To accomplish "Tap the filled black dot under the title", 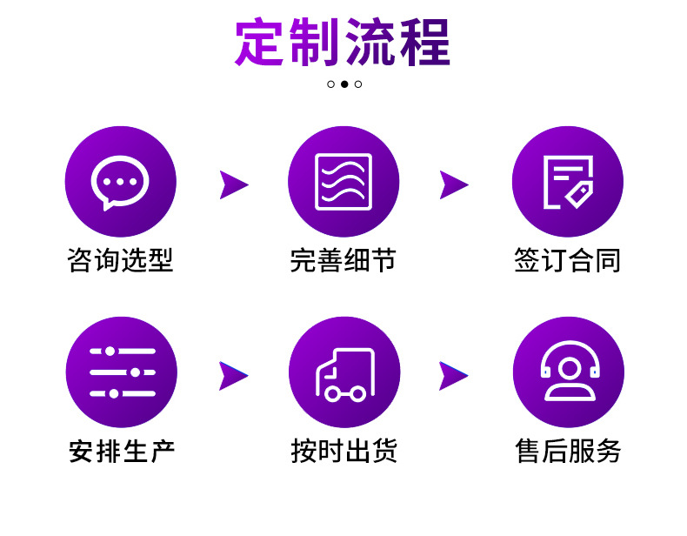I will click(x=344, y=84).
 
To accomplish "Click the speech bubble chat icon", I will click(x=120, y=182).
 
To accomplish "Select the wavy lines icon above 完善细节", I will click(x=343, y=182).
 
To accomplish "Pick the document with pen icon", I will click(x=567, y=182).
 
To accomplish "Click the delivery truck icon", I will click(x=343, y=372).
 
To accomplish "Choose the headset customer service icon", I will click(x=568, y=372).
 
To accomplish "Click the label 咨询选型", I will click(x=120, y=260).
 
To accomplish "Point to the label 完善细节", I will click(x=343, y=260).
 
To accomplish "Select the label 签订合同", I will click(x=567, y=260).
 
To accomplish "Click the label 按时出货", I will click(x=343, y=452).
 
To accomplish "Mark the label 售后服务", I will click(x=568, y=452).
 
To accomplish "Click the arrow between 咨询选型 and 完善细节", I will click(x=233, y=184).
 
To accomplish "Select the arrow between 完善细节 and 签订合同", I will click(x=453, y=184).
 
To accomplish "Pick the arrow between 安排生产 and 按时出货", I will click(x=233, y=375).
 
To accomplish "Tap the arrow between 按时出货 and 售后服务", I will click(x=453, y=375).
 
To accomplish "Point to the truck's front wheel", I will click(x=333, y=393).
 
